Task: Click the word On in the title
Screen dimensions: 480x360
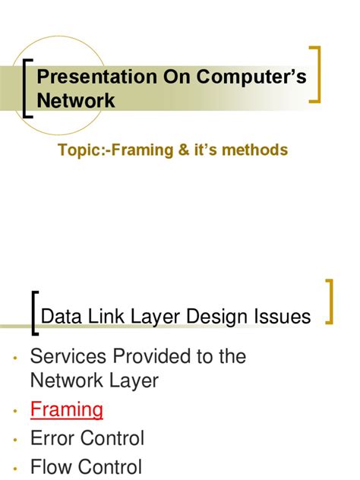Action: [x=169, y=76]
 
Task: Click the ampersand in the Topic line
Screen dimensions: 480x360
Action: [x=186, y=150]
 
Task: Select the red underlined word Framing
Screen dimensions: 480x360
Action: [x=67, y=409]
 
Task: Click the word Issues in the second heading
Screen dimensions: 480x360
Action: [x=283, y=316]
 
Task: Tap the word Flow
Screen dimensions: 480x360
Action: [x=51, y=467]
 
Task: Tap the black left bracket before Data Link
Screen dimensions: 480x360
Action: [x=32, y=313]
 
